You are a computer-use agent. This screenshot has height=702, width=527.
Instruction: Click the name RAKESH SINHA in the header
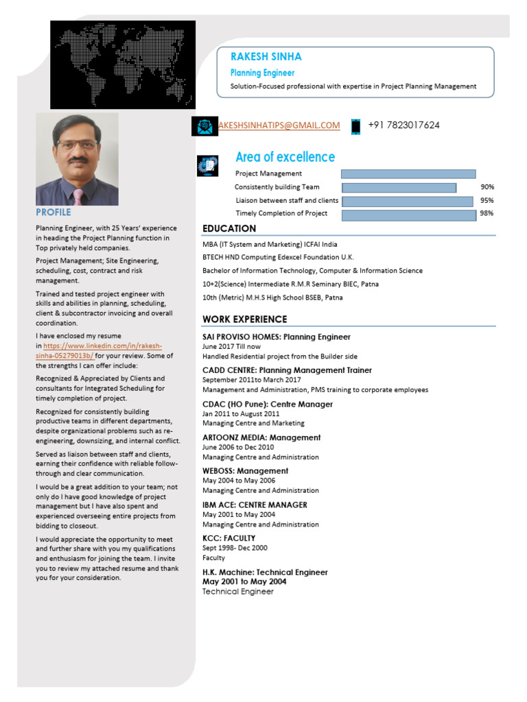pos(266,57)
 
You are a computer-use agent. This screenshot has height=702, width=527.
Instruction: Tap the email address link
pos(279,125)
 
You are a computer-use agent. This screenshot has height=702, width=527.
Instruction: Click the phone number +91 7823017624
pos(403,125)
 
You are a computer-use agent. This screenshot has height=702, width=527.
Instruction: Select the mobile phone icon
pos(355,126)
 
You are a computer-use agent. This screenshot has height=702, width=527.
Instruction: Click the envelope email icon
pos(204,126)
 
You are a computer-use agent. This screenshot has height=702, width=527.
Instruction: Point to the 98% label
pos(487,214)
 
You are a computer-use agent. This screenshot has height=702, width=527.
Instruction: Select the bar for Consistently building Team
pos(399,187)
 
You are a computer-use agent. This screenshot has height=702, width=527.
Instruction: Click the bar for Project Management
pos(408,174)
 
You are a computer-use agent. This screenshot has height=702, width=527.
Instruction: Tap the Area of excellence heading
pos(285,157)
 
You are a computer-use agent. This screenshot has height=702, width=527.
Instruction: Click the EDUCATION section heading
pos(229,228)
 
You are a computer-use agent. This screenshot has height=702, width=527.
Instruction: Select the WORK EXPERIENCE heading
pos(244,319)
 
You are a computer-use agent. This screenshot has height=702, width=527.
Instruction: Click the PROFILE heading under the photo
pos(53,213)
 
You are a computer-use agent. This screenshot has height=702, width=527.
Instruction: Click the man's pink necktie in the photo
pos(78,196)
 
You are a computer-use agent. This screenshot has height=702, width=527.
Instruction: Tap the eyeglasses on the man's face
pos(76,145)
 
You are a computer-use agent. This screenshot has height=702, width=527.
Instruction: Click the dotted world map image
pos(123,64)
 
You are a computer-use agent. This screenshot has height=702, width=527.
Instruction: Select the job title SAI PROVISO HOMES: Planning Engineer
pos(276,337)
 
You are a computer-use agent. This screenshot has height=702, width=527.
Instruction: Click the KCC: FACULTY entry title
pos(229,538)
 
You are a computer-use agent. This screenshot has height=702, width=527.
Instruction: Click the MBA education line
pos(270,244)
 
